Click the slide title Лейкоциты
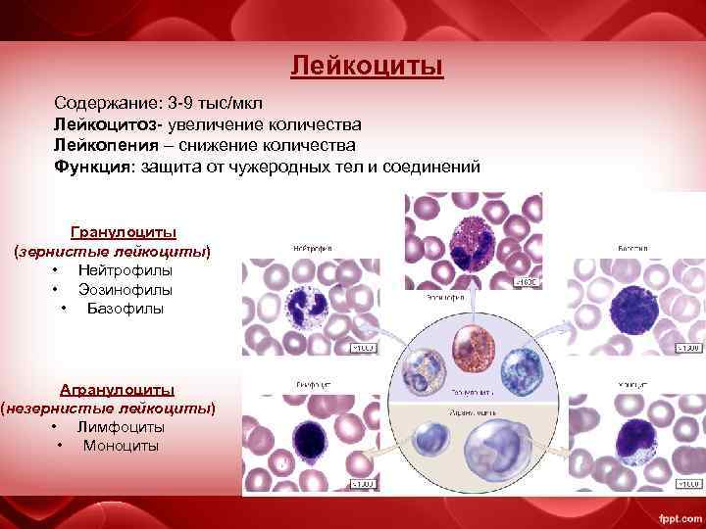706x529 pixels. [x=367, y=67]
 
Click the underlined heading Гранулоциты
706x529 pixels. [x=124, y=232]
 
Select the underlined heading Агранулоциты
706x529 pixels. [x=117, y=389]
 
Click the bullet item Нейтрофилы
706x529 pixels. [x=126, y=270]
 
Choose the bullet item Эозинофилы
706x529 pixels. [x=126, y=290]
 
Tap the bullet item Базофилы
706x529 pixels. [x=126, y=309]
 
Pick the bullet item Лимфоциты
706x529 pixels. [x=121, y=427]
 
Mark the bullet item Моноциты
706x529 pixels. [x=121, y=446]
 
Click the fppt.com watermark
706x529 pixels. [x=677, y=515]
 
